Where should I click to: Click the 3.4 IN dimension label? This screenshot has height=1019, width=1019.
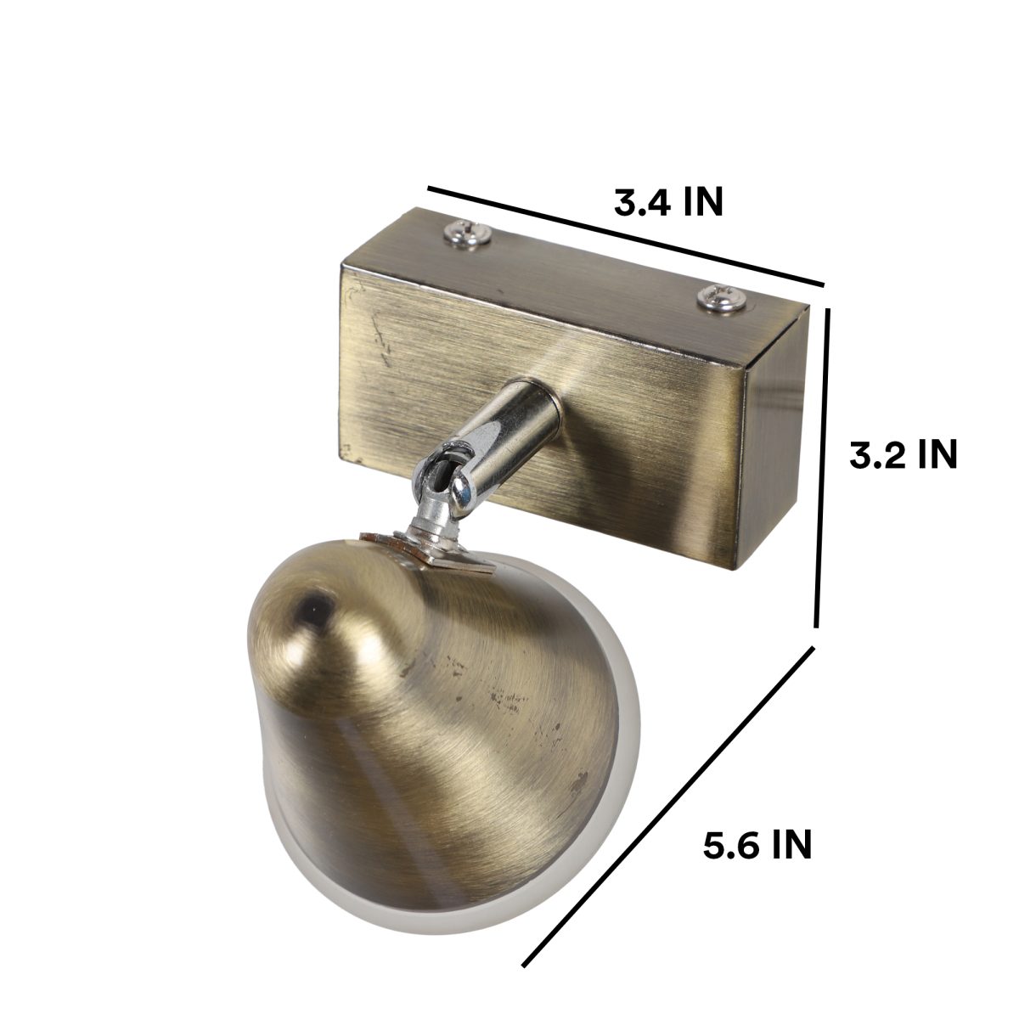tap(668, 201)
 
